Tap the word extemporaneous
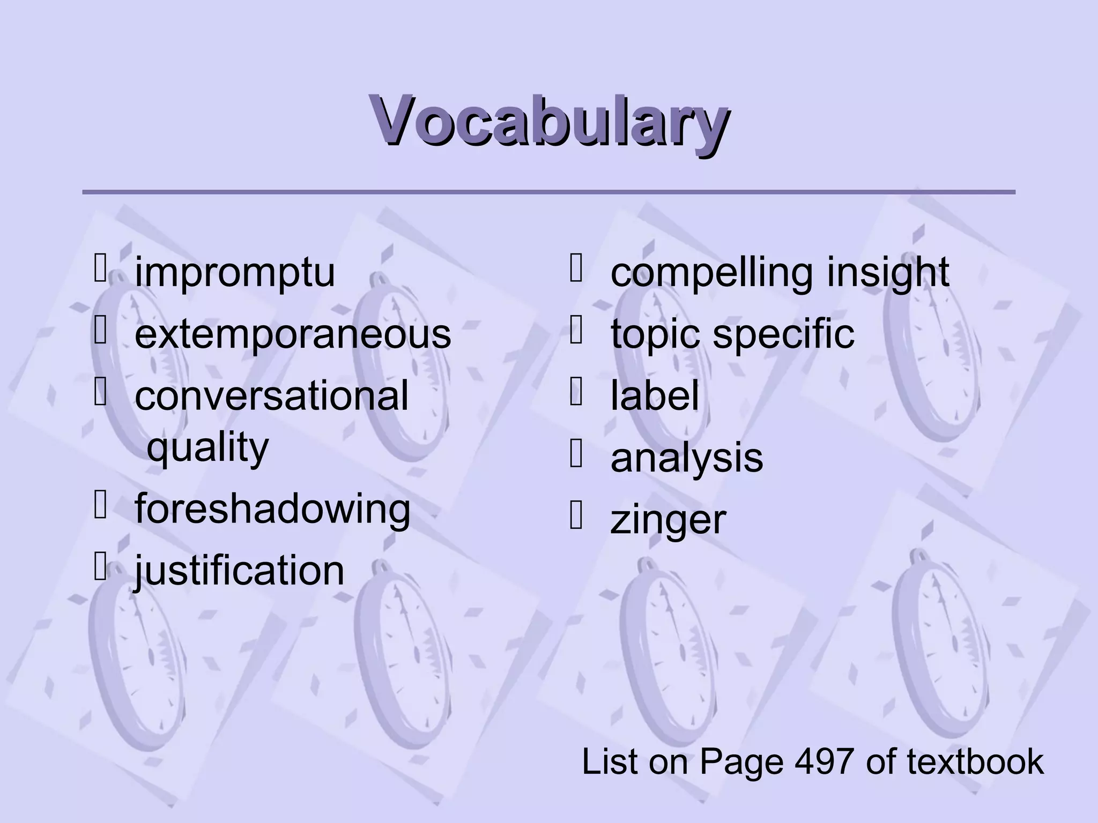coord(293,334)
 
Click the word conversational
coord(271,395)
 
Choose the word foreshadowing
coord(272,508)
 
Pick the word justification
coord(239,570)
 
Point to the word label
coord(655,395)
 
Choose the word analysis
coord(686,458)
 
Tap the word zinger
coord(668,520)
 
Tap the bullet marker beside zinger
coord(576,517)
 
